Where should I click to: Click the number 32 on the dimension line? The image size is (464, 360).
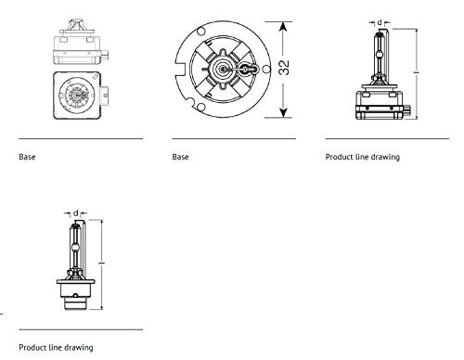[284, 68]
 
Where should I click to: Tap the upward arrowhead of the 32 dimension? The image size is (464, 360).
[283, 27]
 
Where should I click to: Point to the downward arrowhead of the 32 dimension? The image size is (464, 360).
[283, 112]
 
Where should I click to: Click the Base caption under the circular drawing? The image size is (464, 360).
[180, 157]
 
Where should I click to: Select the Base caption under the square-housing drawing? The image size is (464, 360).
[27, 157]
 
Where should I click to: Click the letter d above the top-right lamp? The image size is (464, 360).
[380, 22]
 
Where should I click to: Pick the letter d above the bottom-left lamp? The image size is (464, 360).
[76, 213]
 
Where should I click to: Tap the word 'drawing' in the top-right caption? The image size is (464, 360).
[385, 157]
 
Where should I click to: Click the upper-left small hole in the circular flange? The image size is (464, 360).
[200, 32]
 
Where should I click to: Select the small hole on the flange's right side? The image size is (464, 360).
[266, 69]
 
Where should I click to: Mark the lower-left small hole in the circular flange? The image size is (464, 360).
[200, 107]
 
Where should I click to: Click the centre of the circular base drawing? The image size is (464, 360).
[222, 70]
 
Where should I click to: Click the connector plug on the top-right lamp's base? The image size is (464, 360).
[407, 110]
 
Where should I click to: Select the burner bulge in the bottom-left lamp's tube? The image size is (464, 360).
[75, 248]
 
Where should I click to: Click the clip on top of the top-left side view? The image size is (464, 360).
[76, 26]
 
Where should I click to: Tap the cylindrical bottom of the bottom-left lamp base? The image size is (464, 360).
[76, 303]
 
